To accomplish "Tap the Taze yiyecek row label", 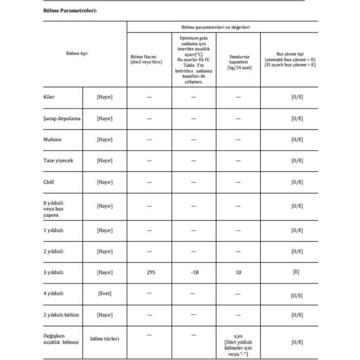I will [x=58, y=160].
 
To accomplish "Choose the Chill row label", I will [x=49, y=182].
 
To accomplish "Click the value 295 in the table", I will [x=149, y=272].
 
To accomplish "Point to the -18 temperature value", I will [x=194, y=272].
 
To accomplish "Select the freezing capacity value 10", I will [x=238, y=272].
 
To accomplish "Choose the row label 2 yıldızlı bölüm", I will [x=64, y=314].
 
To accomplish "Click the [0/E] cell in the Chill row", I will [x=297, y=182].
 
